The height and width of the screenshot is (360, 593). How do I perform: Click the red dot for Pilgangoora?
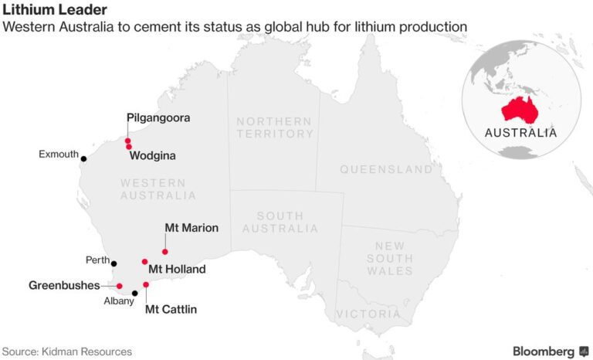tap(127, 141)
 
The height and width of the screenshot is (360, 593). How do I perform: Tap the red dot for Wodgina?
tap(129, 147)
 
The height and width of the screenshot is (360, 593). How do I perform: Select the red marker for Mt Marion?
tap(165, 252)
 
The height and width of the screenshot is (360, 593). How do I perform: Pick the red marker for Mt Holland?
tap(144, 262)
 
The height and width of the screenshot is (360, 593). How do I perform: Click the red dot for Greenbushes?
tap(119, 287)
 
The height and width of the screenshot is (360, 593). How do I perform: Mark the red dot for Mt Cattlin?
tap(146, 285)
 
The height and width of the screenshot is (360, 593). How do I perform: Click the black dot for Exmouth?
tap(83, 159)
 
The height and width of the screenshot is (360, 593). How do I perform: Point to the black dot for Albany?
tap(134, 293)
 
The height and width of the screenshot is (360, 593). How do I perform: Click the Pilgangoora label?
tap(158, 118)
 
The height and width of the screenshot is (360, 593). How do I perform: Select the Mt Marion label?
tap(191, 228)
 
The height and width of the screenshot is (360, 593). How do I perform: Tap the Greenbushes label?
tap(64, 285)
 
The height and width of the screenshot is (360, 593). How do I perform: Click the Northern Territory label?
tap(274, 127)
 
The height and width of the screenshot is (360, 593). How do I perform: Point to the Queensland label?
tap(386, 169)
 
